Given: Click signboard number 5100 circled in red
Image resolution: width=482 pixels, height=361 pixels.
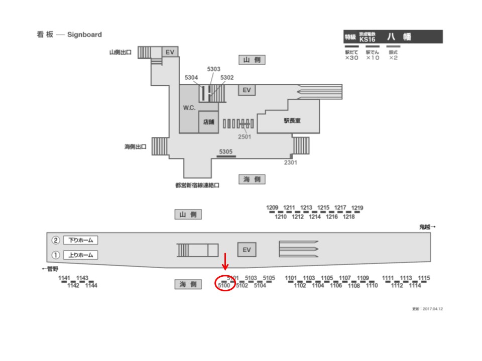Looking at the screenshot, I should [x=224, y=286].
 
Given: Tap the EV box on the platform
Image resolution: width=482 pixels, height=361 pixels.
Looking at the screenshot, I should [x=247, y=250].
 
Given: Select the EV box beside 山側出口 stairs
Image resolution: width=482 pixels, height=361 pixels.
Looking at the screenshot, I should [x=170, y=52].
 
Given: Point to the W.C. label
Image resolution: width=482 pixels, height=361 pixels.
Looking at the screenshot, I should [x=189, y=108].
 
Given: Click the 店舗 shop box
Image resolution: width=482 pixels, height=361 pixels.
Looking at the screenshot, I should [x=208, y=122].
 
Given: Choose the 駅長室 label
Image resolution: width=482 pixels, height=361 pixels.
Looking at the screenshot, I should [x=292, y=120].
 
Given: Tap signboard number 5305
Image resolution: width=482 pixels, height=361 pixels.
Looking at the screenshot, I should [x=226, y=151].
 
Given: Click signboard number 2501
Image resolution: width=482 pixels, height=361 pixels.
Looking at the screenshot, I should [x=245, y=136].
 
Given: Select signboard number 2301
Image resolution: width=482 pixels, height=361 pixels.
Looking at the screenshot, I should [x=291, y=162].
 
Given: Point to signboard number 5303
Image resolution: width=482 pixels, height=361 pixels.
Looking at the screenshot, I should [x=214, y=69].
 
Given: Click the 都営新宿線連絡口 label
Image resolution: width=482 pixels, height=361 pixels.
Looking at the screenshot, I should [x=198, y=185].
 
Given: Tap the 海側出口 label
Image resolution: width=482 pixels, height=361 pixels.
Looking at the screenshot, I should [x=136, y=147].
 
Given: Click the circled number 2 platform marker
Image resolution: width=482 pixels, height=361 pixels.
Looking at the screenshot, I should [x=56, y=240].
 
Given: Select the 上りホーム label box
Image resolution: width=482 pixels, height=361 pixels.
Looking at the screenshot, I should [x=80, y=255].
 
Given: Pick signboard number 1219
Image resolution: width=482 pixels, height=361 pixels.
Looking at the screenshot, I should [x=357, y=208].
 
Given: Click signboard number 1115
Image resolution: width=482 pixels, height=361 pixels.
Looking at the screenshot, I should [x=424, y=278].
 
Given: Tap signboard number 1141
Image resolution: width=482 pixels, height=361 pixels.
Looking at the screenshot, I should [x=65, y=278].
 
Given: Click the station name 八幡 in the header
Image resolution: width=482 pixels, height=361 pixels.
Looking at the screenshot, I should [x=399, y=37].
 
